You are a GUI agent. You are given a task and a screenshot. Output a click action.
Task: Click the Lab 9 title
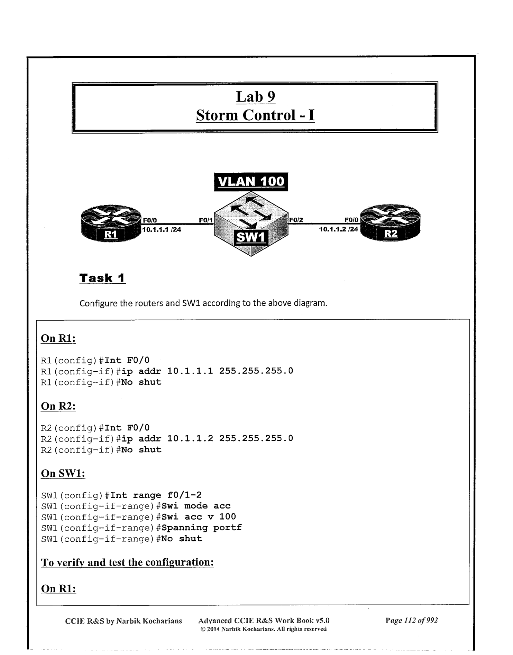pyautogui.click(x=255, y=97)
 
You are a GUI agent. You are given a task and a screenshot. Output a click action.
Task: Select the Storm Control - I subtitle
pyautogui.click(x=255, y=115)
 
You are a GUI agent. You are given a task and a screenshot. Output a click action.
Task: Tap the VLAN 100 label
pyautogui.click(x=251, y=181)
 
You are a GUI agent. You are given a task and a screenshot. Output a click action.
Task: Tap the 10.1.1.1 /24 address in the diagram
pyautogui.click(x=162, y=229)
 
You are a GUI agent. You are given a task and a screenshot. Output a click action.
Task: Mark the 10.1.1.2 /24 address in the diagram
pyautogui.click(x=338, y=229)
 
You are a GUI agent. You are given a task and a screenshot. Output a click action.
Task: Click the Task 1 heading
pyautogui.click(x=102, y=278)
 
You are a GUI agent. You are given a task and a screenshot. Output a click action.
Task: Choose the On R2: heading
pyautogui.click(x=58, y=406)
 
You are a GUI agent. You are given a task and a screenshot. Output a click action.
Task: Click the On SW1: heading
pyautogui.click(x=63, y=473)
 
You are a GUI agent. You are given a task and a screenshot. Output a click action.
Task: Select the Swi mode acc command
pyautogui.click(x=196, y=506)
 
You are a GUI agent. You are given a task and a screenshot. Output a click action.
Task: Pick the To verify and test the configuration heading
pyautogui.click(x=127, y=562)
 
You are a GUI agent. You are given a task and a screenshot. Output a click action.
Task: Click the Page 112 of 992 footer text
pyautogui.click(x=412, y=620)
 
